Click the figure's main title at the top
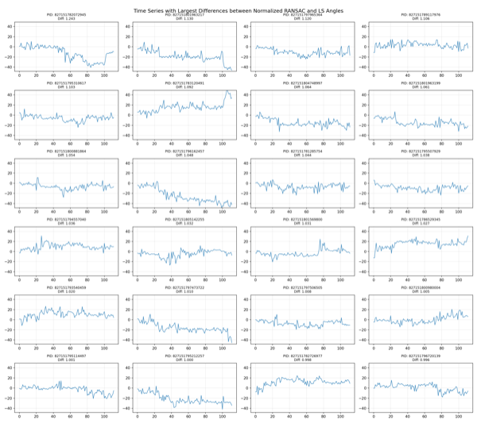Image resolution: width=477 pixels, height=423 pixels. [238, 10]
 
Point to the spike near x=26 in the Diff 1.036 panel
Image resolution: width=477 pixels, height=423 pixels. [41, 237]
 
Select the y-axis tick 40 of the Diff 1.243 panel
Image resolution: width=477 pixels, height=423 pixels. [10, 26]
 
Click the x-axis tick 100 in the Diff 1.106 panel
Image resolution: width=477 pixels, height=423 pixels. [454, 75]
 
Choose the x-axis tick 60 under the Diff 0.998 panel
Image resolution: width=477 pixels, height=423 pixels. [308, 417]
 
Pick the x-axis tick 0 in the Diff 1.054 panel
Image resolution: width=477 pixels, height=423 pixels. [20, 212]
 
